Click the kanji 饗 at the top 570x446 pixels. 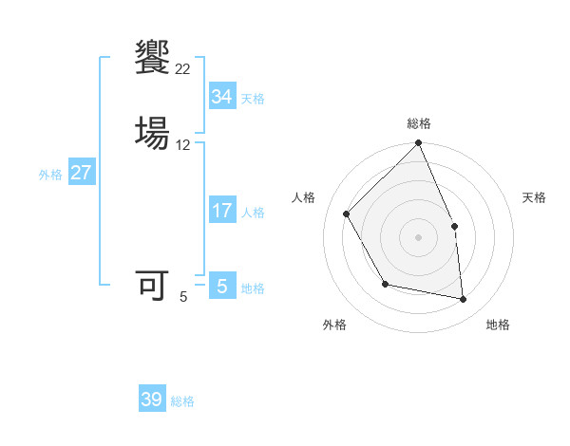pos(152,57)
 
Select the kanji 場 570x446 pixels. pos(152,131)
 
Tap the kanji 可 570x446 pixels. pos(152,285)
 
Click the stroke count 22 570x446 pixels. pos(183,68)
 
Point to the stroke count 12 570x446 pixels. pos(183,145)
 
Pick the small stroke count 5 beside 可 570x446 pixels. pos(183,297)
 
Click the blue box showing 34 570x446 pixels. pos(221,97)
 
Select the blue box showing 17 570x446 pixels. pos(221,211)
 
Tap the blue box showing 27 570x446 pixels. pos(81,173)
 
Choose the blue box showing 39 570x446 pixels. pos(152,400)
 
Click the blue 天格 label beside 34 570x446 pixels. pos(253,99)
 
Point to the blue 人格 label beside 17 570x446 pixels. pos(253,213)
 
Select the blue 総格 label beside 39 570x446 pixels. pos(182,401)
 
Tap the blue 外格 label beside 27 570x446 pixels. pos(50,175)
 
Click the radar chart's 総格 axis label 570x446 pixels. pos(418,123)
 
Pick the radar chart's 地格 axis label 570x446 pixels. pos(498,325)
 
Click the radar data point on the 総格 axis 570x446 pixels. pos(418,144)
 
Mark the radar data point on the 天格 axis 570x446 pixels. pos(454,226)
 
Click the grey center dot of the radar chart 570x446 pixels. pos(418,237)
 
